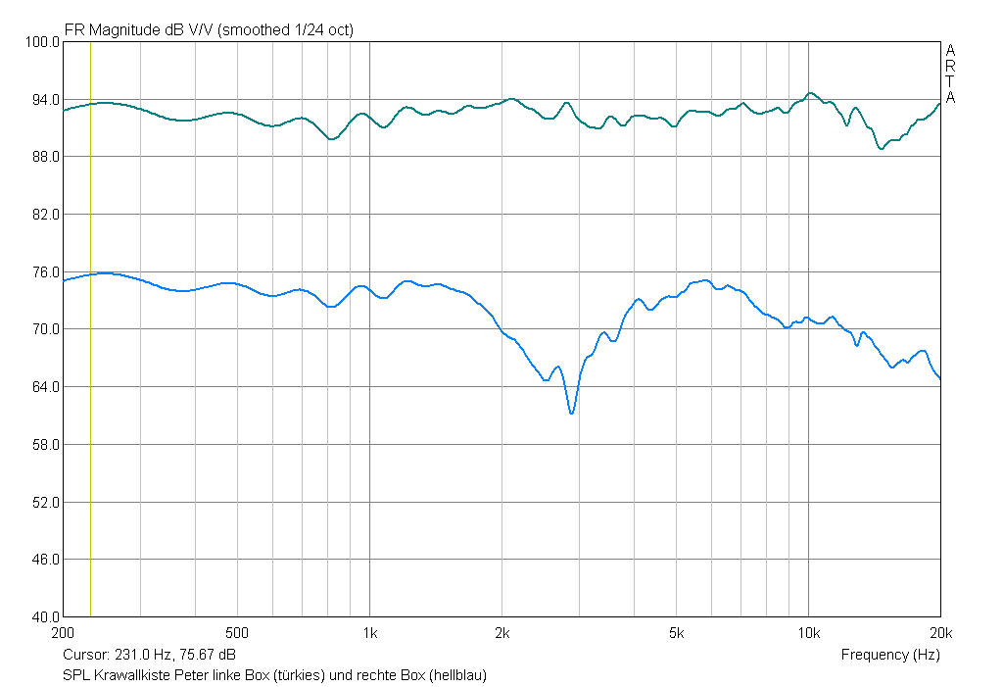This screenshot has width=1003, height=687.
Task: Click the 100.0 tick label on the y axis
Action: point(42,42)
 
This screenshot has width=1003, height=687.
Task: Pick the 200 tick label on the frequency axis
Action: point(64,632)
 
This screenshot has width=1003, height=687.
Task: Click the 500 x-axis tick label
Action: point(238,632)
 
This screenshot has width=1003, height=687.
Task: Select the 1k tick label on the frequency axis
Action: point(369,632)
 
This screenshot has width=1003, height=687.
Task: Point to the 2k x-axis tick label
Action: point(501,632)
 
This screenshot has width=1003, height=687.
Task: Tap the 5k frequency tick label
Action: point(676,632)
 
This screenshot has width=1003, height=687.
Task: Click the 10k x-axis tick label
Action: point(808,632)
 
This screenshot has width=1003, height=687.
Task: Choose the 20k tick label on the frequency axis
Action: point(940,632)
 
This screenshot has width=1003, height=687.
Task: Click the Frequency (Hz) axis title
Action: point(889,655)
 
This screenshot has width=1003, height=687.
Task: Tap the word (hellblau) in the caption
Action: point(457,675)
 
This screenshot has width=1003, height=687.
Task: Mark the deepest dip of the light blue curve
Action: point(571,414)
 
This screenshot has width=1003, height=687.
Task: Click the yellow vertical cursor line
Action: point(90,392)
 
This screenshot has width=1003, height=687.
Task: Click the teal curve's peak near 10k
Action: point(810,93)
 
